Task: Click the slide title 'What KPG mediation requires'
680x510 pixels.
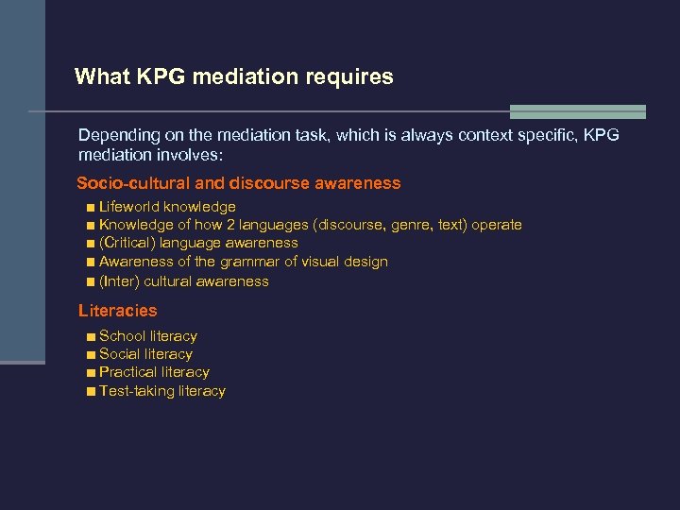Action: [233, 76]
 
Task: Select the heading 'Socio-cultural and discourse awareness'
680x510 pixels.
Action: [238, 183]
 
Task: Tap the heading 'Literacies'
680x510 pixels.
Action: [117, 310]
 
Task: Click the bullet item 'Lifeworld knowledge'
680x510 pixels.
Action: [167, 207]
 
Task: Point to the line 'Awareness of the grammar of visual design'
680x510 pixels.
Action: [243, 262]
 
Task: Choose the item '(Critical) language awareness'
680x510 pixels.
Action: [198, 243]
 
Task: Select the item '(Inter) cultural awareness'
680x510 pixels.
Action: [183, 281]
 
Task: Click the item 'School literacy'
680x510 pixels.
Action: [147, 336]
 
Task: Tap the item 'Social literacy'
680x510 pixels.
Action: [145, 354]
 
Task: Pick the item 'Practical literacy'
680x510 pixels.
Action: [154, 372]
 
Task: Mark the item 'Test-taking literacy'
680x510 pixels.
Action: [161, 391]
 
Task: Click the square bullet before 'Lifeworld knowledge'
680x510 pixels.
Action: [89, 207]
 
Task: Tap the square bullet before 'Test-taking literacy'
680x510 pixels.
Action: [89, 391]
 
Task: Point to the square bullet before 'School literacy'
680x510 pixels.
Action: [89, 336]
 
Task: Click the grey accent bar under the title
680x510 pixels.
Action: [577, 111]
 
